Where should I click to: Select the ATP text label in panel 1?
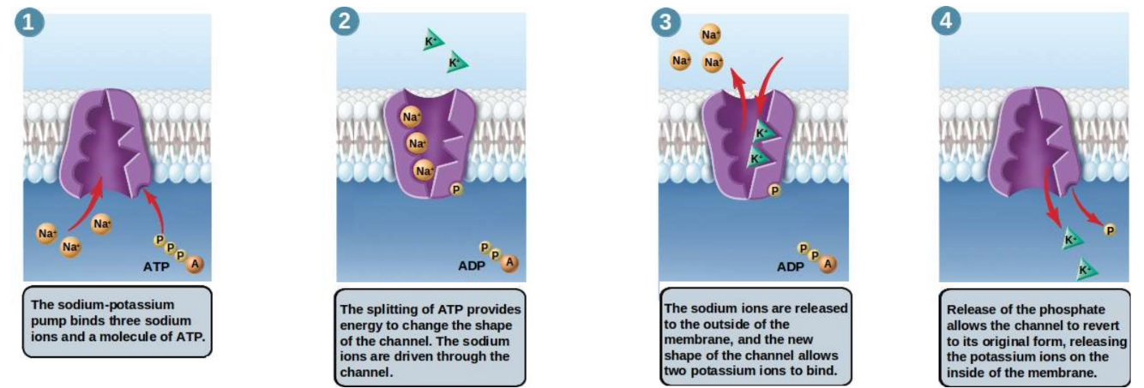[x=157, y=267]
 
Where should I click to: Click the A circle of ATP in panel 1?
[x=195, y=265]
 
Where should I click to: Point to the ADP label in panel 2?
[x=473, y=265]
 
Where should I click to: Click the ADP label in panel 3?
[x=791, y=266]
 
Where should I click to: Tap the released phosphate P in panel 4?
[x=1110, y=230]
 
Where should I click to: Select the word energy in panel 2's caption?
[x=364, y=325]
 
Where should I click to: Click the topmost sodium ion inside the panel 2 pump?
[x=412, y=116]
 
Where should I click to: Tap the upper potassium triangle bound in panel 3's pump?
[x=763, y=133]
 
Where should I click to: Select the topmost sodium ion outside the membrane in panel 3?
[x=710, y=35]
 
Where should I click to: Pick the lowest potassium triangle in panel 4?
[x=1086, y=271]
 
